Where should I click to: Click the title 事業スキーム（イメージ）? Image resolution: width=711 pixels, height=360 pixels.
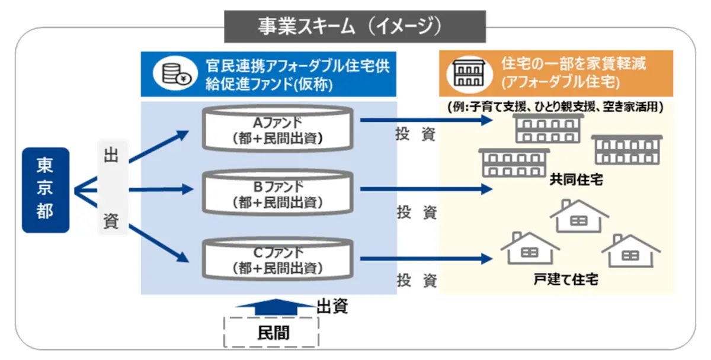coord(354,26)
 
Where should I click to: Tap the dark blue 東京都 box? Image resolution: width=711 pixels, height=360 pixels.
coord(45,189)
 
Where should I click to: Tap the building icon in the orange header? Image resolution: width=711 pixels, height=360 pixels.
coord(468,72)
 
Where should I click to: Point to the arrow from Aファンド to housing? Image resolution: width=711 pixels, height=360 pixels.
coord(427,121)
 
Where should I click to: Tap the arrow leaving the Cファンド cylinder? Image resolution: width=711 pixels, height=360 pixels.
coord(427,259)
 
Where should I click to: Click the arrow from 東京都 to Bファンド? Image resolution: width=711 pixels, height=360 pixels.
coord(160,189)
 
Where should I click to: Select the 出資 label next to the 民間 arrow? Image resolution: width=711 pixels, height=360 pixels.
coord(332,306)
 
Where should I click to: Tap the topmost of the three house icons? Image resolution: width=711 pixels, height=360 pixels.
coord(578,216)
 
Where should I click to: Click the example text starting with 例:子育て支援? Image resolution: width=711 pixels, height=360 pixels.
coord(556,107)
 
